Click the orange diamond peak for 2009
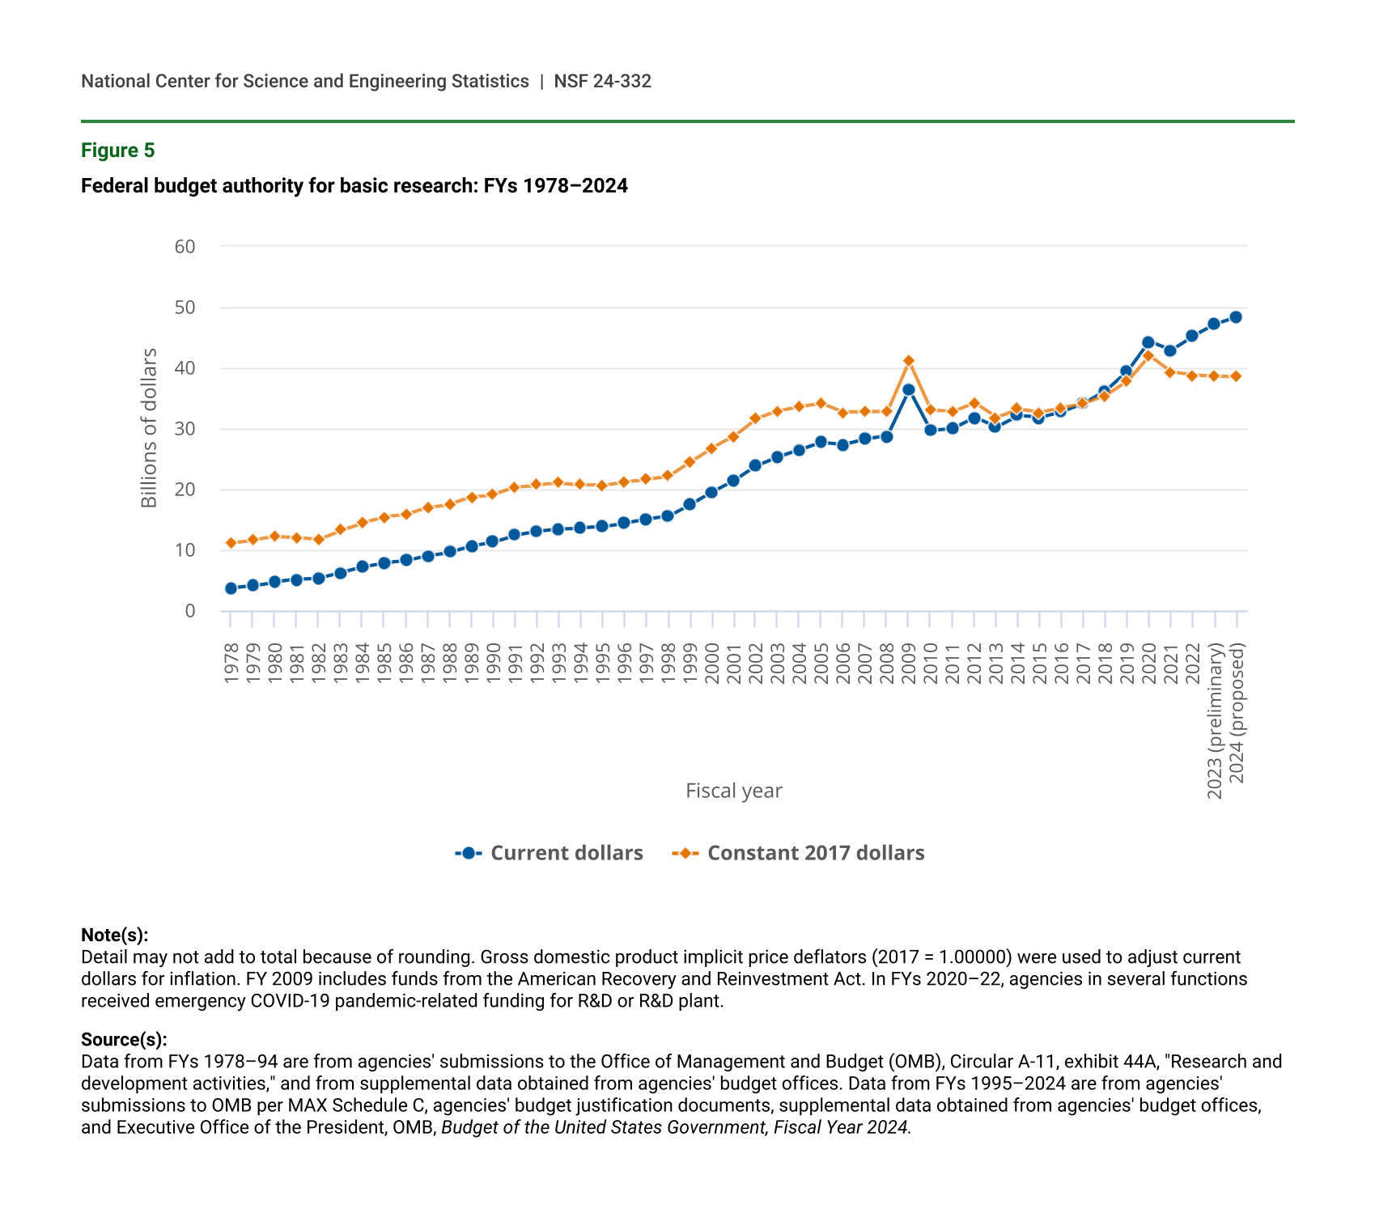908,361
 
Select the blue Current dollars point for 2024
1236,317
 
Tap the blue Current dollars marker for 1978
231,588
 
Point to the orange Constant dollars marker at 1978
231,543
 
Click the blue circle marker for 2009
908,389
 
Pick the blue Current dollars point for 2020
1148,342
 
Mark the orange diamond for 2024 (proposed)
1236,376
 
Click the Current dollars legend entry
550,853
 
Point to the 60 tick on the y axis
185,246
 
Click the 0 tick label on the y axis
190,611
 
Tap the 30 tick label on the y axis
185,429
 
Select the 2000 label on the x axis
712,664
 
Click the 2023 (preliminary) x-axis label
1215,721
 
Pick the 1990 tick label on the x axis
493,664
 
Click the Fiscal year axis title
733,791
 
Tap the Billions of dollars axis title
149,428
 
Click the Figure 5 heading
117,151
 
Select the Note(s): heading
114,935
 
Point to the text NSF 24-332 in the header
602,81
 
